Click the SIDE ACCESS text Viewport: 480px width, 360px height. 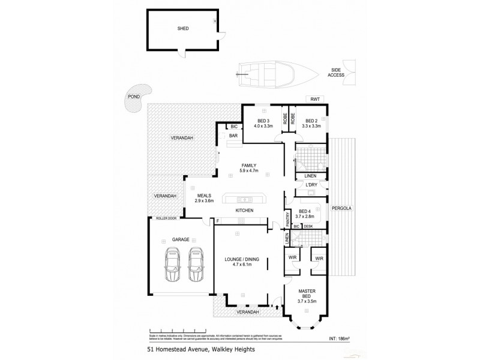(335, 72)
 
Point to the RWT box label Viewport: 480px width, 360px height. (314, 99)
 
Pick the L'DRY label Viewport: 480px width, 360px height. (311, 185)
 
